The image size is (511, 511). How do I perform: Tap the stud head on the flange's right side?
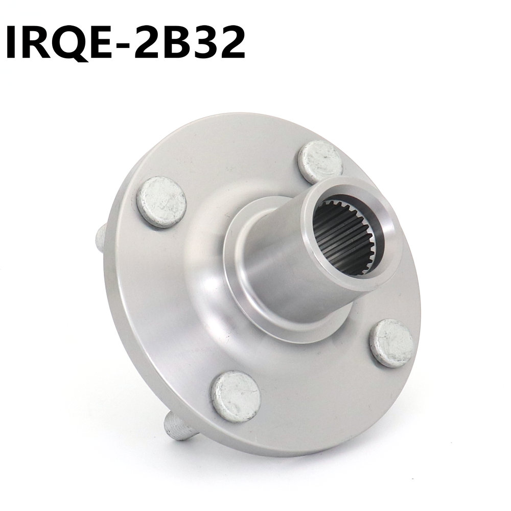pos(390,339)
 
